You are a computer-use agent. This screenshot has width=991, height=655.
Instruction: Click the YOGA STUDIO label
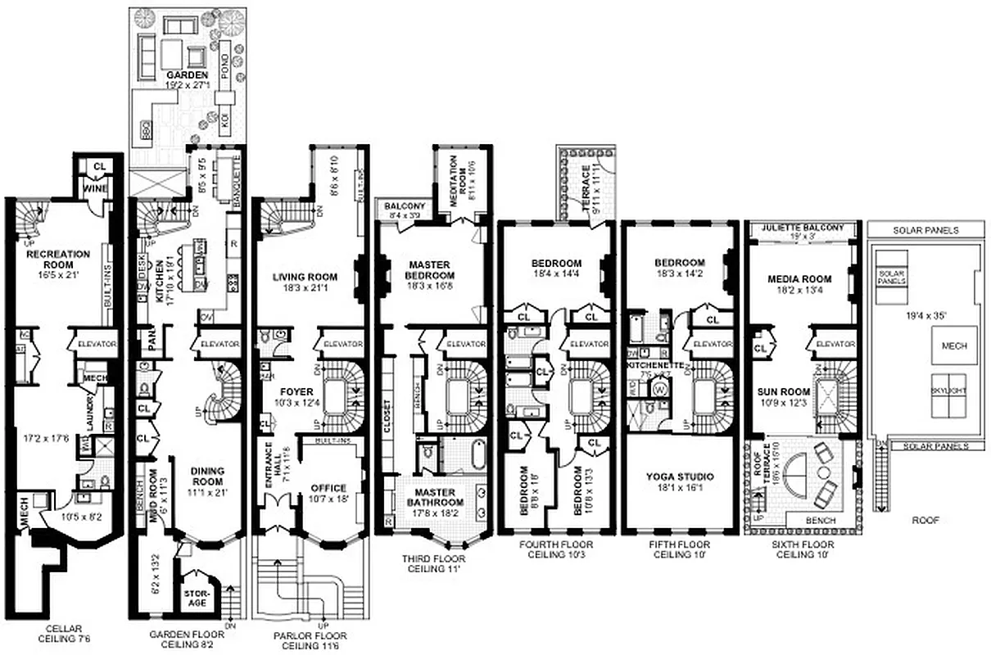coord(678,476)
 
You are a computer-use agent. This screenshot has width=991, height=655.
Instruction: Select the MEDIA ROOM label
coord(793,278)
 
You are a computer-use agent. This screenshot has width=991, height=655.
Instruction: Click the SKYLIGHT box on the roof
coord(948,391)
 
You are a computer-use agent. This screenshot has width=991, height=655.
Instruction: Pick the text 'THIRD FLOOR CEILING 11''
coord(433,564)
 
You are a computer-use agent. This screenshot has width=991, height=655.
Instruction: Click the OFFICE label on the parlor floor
coord(329,489)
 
